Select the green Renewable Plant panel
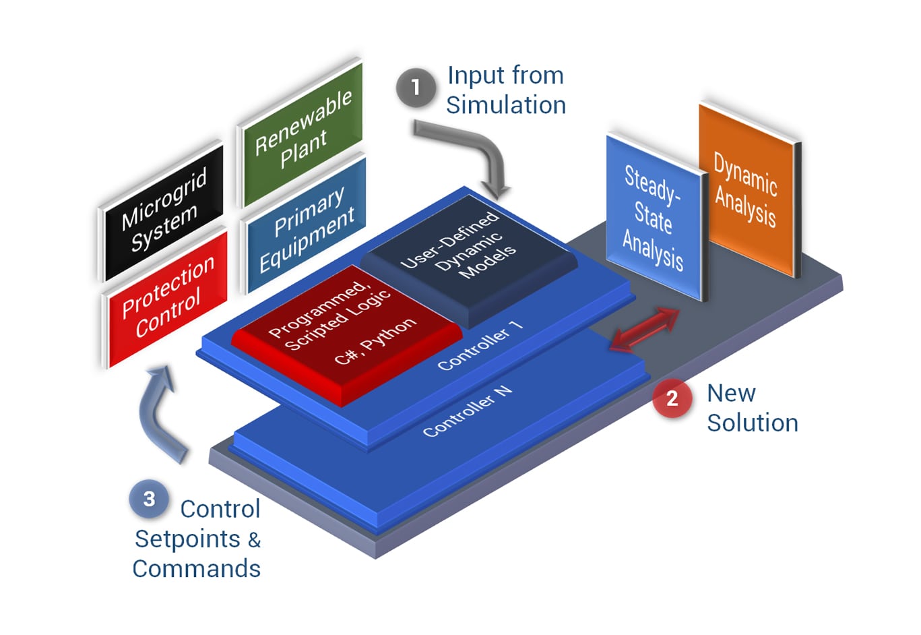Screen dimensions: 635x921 pyautogui.click(x=301, y=131)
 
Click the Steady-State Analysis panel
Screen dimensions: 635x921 pyautogui.click(x=652, y=218)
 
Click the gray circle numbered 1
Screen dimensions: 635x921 pyautogui.click(x=416, y=88)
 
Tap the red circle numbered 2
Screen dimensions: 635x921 pyautogui.click(x=672, y=398)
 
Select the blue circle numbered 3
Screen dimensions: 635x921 pyautogui.click(x=149, y=499)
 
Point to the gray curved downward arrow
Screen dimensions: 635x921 pyautogui.click(x=472, y=152)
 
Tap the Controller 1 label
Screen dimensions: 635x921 pyautogui.click(x=480, y=346)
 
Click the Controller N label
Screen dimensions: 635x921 pyautogui.click(x=467, y=411)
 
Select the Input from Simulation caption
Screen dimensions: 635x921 pyautogui.click(x=505, y=90)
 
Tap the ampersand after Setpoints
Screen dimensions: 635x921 pyautogui.click(x=254, y=540)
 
